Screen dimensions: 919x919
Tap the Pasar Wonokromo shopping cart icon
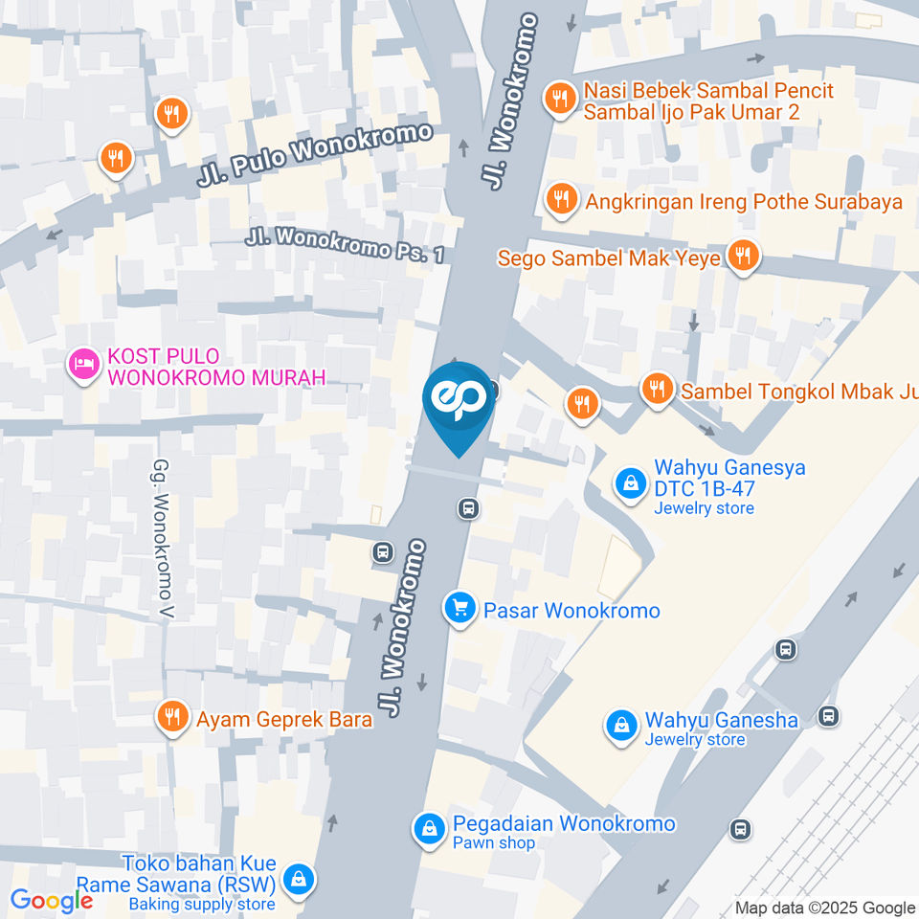[x=460, y=608]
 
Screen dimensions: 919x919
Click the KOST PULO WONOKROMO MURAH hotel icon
[x=83, y=365]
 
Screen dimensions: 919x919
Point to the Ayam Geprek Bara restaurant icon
[x=172, y=717]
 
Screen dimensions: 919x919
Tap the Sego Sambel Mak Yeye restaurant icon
[x=742, y=256]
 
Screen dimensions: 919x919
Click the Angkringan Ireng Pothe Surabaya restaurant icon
[x=560, y=199]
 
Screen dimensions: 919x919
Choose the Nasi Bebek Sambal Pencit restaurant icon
[x=560, y=97]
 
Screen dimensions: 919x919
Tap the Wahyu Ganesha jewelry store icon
[x=622, y=725]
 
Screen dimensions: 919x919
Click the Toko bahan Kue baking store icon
[x=300, y=878]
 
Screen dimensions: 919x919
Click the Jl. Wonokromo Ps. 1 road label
[x=345, y=245]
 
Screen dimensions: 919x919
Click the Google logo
[x=51, y=901]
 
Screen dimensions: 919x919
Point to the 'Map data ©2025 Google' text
[x=824, y=908]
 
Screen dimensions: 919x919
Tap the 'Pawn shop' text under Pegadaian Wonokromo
[x=494, y=843]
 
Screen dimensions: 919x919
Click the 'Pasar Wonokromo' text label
[x=571, y=610]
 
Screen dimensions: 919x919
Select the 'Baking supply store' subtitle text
[x=201, y=904]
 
